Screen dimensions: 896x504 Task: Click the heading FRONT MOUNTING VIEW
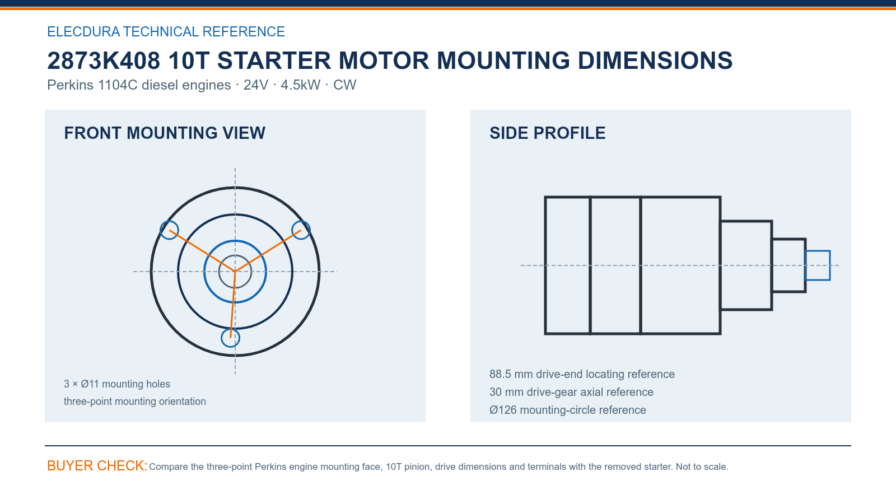point(165,133)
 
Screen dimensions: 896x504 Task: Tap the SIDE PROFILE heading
point(547,133)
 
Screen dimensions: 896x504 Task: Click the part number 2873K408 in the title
point(104,61)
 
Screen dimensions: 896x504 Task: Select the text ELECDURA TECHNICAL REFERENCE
point(166,31)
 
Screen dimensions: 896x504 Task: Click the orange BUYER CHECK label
point(97,465)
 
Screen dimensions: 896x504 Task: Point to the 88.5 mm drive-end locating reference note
point(582,374)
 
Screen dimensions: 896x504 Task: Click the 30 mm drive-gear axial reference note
point(571,392)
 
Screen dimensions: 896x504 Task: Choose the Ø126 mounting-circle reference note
point(568,410)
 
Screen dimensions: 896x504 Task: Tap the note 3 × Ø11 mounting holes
point(117,384)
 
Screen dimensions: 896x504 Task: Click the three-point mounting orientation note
point(135,401)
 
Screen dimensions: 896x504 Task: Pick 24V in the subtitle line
point(256,85)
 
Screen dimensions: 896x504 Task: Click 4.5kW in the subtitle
point(300,85)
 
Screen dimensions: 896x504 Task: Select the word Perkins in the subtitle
point(71,85)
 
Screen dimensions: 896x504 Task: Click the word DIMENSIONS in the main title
point(655,61)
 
